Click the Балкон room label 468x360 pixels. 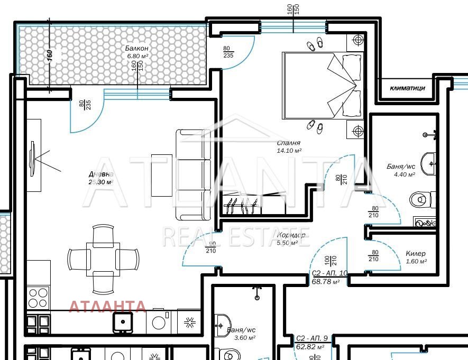136,49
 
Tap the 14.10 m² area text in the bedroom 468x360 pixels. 289,150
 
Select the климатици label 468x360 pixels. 407,88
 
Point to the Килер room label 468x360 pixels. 416,254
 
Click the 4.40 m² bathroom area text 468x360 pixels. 401,174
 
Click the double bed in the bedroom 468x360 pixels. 323,85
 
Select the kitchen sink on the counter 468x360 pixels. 123,321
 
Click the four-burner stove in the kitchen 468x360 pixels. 38,298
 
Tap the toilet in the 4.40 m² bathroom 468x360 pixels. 421,199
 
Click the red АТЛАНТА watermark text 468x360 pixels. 107,306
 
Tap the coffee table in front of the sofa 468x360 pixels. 162,175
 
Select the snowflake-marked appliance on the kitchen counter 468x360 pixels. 189,321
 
